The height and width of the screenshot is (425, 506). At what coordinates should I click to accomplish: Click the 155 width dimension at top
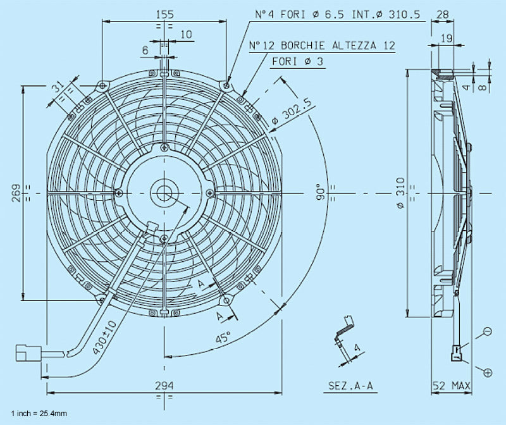coord(165,13)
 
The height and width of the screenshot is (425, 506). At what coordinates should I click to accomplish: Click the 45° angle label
coord(223,337)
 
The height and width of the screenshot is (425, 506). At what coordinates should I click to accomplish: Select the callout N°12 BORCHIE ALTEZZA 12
coord(321,46)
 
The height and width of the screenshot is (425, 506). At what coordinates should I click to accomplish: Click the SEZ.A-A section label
coord(349,385)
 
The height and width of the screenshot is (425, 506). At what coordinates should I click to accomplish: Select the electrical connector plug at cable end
coord(28,350)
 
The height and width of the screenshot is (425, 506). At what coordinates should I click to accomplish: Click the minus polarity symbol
coord(487,331)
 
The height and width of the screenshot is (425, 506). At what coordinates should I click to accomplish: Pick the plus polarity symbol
coord(487,373)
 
